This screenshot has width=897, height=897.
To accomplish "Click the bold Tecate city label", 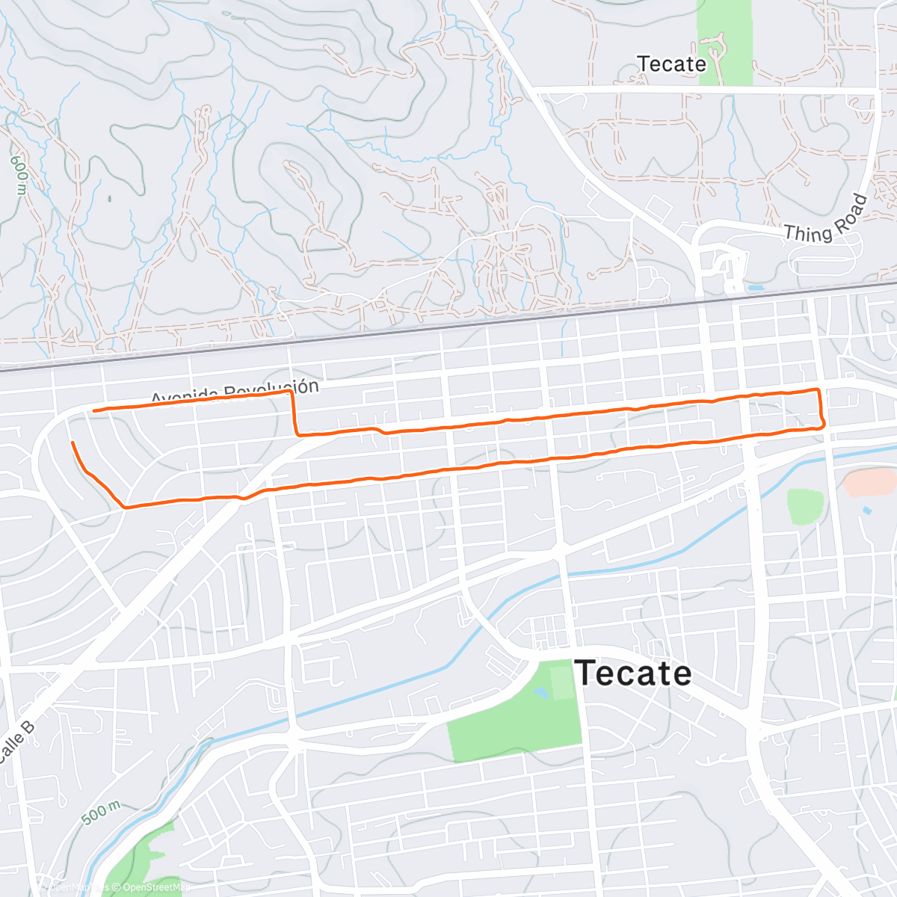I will pyautogui.click(x=632, y=673).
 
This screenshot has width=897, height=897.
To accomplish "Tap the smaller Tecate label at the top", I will pyautogui.click(x=671, y=64).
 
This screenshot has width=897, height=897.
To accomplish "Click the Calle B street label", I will pyautogui.click(x=16, y=742).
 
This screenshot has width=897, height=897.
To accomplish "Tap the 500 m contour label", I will pyautogui.click(x=100, y=813).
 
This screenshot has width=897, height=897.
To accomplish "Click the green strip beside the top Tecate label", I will pyautogui.click(x=724, y=41).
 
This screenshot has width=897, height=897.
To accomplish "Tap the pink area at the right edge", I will pyautogui.click(x=872, y=482).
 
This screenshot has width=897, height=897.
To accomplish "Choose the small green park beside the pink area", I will pyautogui.click(x=804, y=506).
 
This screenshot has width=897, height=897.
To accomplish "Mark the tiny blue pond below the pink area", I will pyautogui.click(x=866, y=511).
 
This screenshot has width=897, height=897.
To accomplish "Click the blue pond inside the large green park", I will pyautogui.click(x=540, y=691).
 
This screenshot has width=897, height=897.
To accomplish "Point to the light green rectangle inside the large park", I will pyautogui.click(x=563, y=682).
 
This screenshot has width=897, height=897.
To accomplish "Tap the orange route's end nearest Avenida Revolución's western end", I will pyautogui.click(x=93, y=410).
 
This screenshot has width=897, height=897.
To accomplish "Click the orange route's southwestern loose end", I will pyautogui.click(x=73, y=443).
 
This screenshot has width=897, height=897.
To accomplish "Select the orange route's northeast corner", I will pyautogui.click(x=819, y=390).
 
